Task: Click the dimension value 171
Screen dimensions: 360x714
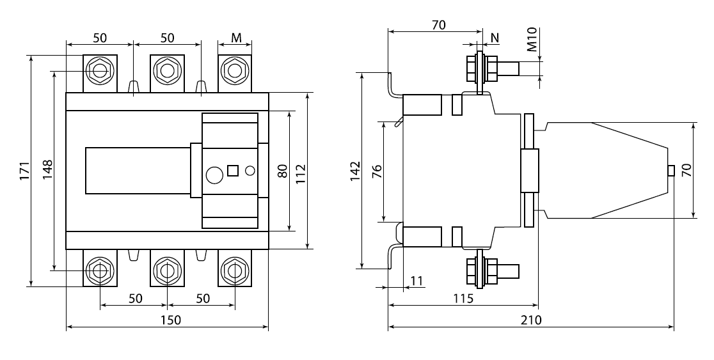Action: tap(24, 171)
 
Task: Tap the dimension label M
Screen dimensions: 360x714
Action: tap(236, 38)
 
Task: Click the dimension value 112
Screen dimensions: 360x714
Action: tap(301, 171)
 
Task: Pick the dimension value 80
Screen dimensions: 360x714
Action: tap(282, 171)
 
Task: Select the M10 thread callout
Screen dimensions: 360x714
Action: tap(532, 39)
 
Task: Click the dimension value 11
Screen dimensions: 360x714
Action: tap(417, 280)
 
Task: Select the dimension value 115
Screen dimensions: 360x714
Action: tap(463, 299)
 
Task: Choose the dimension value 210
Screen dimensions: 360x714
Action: tap(530, 320)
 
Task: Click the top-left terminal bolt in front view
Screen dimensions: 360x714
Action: tap(100, 70)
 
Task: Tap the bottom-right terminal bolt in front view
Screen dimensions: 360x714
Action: tap(234, 271)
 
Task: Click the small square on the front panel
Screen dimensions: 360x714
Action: tap(233, 171)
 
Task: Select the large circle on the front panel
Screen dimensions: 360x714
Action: tap(214, 173)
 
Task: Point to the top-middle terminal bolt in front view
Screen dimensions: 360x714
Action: tap(167, 70)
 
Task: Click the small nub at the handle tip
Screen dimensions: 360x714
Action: tap(670, 171)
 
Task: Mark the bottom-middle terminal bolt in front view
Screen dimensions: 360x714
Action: tap(167, 271)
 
